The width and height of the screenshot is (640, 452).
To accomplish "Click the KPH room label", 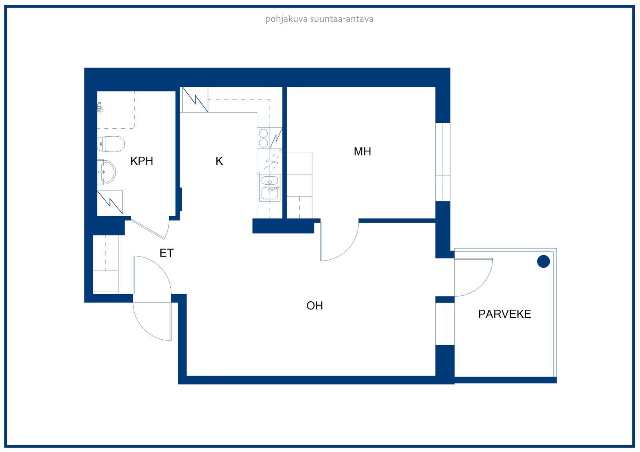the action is click(142, 161).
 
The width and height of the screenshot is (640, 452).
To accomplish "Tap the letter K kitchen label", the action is click(219, 161).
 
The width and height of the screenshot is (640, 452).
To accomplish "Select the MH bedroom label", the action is click(362, 151).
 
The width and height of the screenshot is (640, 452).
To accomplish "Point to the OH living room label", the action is click(314, 305).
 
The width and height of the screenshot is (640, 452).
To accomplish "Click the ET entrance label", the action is click(166, 253).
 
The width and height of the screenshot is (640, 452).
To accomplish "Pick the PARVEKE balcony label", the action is click(504, 314).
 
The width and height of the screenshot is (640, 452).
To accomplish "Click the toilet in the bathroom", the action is click(111, 143).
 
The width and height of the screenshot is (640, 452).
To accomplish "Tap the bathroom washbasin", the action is click(106, 172).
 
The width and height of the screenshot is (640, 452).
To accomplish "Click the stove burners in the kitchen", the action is click(263, 138).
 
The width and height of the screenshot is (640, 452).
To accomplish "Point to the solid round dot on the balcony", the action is click(543, 261).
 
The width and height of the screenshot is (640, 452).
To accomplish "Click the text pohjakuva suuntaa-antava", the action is click(320, 19).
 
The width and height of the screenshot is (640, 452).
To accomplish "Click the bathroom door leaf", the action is click(148, 229).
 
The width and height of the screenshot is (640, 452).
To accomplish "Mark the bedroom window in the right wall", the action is click(442, 162).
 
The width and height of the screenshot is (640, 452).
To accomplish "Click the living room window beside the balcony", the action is click(444, 323).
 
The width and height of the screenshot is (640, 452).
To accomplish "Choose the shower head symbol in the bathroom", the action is click(100, 108).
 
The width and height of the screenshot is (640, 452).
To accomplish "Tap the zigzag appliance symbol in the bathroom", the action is click(110, 202).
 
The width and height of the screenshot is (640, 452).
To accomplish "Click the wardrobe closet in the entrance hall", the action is click(106, 264).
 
